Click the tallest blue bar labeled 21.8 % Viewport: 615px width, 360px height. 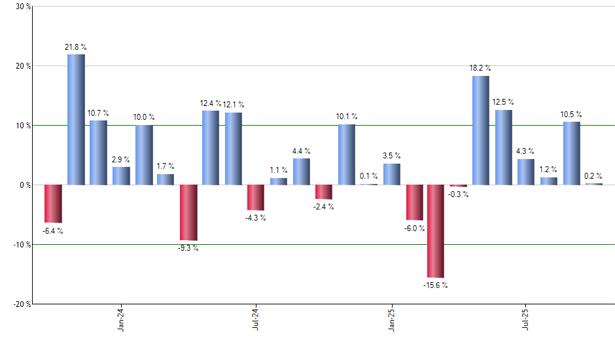tap(76, 120)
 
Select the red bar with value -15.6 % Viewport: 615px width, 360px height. tap(436, 231)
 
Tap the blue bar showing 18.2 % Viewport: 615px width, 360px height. tap(481, 130)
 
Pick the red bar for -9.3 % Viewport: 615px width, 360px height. tap(188, 213)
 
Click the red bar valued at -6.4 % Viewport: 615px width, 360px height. tap(53, 204)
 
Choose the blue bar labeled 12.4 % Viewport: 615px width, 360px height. tap(211, 148)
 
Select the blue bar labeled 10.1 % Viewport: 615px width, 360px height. tap(347, 154)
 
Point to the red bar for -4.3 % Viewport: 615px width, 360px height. tap(256, 197)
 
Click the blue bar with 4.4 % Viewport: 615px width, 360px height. tap(302, 171)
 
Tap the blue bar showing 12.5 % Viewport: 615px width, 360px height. tap(504, 147)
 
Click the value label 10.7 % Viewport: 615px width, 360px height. tap(99, 113)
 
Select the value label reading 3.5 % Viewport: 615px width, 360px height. tap(392, 156)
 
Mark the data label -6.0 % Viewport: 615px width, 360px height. tap(414, 228)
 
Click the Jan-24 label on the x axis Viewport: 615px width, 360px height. tap(121, 319)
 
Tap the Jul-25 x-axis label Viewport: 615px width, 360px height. tap(526, 319)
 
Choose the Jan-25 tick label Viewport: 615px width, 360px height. tap(392, 319)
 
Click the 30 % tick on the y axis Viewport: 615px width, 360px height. tap(24, 7)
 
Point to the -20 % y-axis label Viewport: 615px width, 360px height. tap(22, 304)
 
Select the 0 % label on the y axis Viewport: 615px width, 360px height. tap(26, 185)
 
